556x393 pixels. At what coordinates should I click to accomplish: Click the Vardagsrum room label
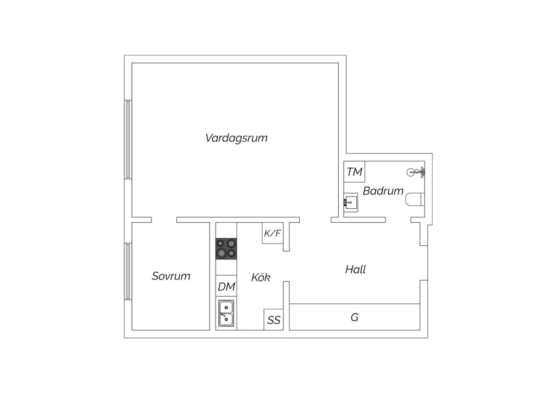[236, 138]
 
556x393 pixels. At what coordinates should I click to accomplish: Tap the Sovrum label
[171, 276]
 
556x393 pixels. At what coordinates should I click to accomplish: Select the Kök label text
[261, 277]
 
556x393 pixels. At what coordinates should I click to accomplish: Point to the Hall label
[355, 270]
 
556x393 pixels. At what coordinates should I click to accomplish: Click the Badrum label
[383, 191]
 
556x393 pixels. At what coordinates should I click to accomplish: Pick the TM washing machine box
[354, 172]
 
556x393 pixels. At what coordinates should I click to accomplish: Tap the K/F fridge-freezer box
[273, 233]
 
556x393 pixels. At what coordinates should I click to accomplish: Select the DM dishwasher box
[226, 286]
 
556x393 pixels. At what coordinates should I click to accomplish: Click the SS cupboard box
[274, 320]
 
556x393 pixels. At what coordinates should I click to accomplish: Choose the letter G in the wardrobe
[355, 317]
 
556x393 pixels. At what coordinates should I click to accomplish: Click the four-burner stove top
[226, 248]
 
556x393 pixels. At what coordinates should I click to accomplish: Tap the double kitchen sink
[226, 314]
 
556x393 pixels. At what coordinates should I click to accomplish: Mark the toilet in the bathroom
[415, 199]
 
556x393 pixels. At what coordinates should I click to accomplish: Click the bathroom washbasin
[351, 203]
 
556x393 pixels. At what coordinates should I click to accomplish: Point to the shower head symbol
[415, 172]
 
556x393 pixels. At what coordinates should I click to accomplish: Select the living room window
[128, 140]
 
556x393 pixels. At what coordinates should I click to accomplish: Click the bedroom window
[128, 271]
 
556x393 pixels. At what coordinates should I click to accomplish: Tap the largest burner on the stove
[222, 253]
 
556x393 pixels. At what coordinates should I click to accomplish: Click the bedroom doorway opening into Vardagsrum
[164, 220]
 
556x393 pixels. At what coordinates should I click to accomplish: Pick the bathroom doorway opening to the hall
[398, 220]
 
